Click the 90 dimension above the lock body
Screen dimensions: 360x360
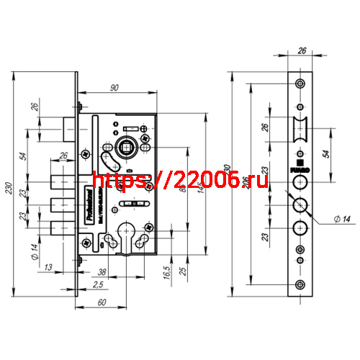click(x=115, y=87)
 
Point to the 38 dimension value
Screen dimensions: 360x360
click(x=103, y=273)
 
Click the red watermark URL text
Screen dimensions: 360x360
click(x=180, y=180)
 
